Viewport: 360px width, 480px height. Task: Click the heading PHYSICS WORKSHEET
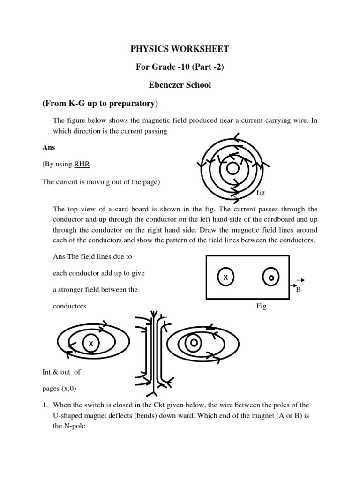coord(180,49)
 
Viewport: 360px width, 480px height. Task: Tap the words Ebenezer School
coord(180,85)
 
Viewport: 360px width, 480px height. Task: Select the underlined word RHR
coord(79,164)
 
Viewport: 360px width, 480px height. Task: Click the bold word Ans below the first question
coord(49,147)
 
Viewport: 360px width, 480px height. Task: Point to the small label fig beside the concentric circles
coord(261,193)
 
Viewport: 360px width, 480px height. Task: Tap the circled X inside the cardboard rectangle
coord(225,277)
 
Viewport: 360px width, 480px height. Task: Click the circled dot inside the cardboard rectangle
coord(271,277)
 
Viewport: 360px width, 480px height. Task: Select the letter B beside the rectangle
coord(298,290)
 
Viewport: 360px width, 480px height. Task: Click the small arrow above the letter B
coord(300,280)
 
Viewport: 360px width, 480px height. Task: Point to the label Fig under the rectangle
coord(261,306)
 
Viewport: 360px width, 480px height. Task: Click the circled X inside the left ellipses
coord(91,344)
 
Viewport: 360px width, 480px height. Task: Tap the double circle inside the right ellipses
coord(193,344)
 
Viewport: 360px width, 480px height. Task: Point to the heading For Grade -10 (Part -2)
coord(180,67)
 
